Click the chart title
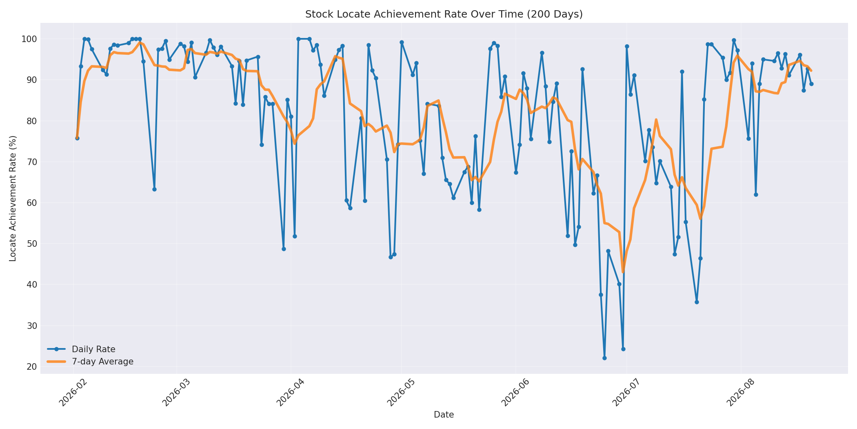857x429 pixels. tap(444, 14)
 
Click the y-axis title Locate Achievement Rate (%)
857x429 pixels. tap(13, 198)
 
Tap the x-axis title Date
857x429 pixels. tap(444, 415)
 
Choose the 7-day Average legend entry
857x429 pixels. tap(90, 362)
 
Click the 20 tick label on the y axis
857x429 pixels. tap(32, 367)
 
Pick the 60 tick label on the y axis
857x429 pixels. tap(32, 203)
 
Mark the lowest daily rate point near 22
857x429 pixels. tap(604, 358)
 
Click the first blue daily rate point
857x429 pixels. tap(77, 138)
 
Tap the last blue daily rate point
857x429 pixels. tap(811, 84)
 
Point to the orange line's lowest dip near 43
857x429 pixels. tap(623, 272)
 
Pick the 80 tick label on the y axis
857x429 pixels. tap(32, 121)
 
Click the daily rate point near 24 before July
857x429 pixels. tap(623, 349)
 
